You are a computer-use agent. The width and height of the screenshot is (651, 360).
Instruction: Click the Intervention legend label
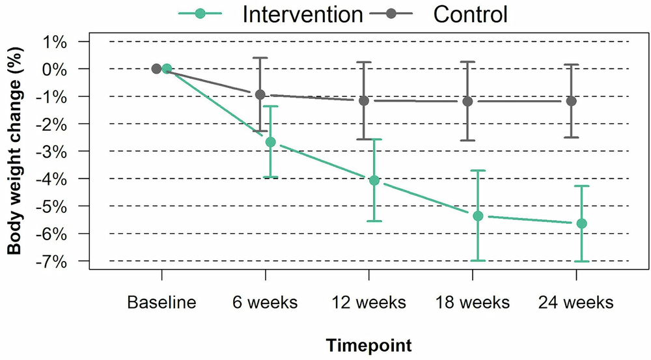tap(302, 14)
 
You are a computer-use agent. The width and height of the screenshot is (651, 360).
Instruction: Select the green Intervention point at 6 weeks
tap(270, 142)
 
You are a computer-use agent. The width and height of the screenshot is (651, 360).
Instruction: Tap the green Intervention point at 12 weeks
tap(374, 180)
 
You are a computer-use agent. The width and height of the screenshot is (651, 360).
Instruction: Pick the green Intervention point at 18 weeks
tap(478, 215)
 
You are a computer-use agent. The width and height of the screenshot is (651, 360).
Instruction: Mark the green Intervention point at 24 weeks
tap(581, 223)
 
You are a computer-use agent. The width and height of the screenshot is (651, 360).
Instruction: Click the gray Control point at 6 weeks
tap(260, 94)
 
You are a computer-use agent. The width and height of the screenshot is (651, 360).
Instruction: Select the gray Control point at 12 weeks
tap(364, 101)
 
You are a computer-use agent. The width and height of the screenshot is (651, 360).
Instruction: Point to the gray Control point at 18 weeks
tap(467, 101)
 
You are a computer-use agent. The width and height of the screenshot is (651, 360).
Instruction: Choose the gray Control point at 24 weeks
tap(571, 101)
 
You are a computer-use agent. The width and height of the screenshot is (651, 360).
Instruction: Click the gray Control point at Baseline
tap(156, 68)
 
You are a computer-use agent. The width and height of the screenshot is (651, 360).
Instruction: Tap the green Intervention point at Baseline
tap(167, 68)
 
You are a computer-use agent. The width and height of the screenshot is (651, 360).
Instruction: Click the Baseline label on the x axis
tap(161, 303)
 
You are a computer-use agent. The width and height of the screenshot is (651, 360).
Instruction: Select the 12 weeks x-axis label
tap(368, 303)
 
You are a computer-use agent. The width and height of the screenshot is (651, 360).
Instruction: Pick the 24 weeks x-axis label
tap(575, 303)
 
